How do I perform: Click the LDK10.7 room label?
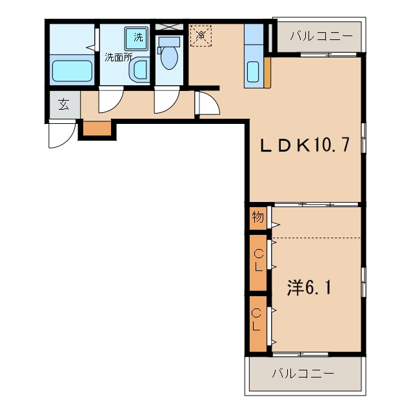coord(305,145)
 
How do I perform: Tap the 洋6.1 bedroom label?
coord(309,288)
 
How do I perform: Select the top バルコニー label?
coord(321,36)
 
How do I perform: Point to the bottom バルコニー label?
coord(303,373)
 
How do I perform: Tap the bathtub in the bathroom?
coord(72,71)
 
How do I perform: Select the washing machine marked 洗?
coord(136,38)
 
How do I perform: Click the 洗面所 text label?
coord(118,57)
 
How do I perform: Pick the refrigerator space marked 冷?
coord(201,35)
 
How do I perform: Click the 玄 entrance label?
coord(65,105)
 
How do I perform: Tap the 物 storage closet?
coord(258,218)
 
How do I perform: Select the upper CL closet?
coord(258,263)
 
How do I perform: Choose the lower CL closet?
coord(258,324)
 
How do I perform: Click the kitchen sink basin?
coord(253,72)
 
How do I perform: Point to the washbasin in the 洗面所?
coord(139,70)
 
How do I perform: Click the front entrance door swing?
coord(63,134)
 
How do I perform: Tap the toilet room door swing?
coord(166,100)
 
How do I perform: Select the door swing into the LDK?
coord(208,103)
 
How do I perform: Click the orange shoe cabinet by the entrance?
coord(97,128)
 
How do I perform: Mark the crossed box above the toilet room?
coord(169,27)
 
